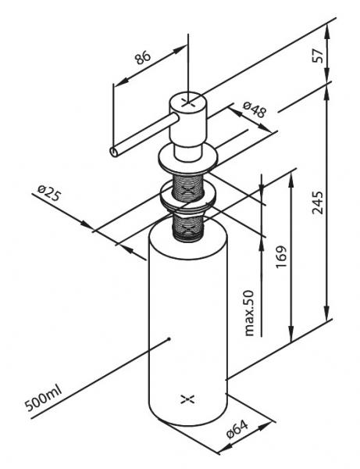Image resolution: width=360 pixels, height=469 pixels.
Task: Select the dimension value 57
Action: [318, 55]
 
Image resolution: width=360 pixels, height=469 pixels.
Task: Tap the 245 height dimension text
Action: [318, 202]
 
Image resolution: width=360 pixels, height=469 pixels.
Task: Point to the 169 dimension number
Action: [281, 256]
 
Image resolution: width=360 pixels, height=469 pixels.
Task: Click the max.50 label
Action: [248, 313]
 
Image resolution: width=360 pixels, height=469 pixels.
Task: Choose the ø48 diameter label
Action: [255, 109]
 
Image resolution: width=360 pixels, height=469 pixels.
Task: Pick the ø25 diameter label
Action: [49, 193]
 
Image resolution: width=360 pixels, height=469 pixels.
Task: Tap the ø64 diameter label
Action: [237, 429]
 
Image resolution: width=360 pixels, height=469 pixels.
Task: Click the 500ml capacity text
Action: [43, 399]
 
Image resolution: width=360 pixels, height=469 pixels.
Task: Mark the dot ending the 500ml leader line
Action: [169, 339]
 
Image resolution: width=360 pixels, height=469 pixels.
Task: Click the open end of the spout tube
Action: [114, 152]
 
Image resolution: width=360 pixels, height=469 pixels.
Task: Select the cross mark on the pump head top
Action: [187, 102]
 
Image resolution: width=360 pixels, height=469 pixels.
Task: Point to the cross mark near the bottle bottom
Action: [187, 399]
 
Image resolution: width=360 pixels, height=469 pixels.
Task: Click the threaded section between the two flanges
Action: [188, 188]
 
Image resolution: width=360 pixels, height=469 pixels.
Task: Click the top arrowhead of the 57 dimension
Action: [327, 30]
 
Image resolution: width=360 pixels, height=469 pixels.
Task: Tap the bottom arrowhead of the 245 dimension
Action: [327, 313]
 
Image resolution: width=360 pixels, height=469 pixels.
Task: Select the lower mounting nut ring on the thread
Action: [188, 199]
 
